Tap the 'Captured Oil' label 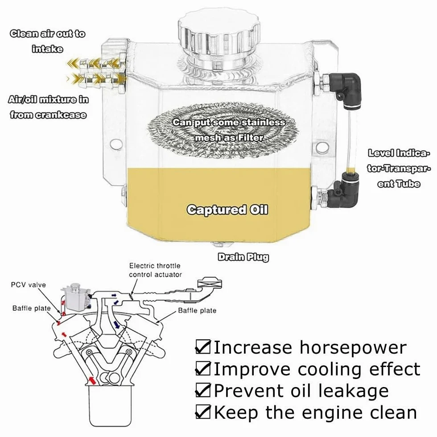click(x=227, y=210)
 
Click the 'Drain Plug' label click(x=243, y=257)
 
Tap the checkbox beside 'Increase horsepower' click(x=203, y=346)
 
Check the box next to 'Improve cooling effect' click(x=203, y=368)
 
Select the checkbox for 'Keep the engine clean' click(x=203, y=412)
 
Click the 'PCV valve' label click(x=29, y=285)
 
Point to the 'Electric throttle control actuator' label click(x=155, y=270)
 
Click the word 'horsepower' click(x=353, y=348)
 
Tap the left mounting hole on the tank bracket click(x=116, y=144)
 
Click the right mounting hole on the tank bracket click(x=322, y=147)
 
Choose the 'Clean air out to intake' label click(x=47, y=41)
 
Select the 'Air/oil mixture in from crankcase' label click(x=48, y=107)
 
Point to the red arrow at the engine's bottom click(x=92, y=380)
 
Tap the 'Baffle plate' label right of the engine click(x=197, y=310)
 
